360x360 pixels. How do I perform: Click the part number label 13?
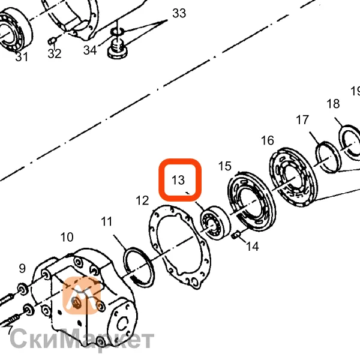(x=178, y=180)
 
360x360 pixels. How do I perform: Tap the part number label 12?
(x=142, y=200)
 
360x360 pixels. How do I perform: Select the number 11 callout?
(x=107, y=221)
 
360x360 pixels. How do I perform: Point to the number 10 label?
(x=67, y=237)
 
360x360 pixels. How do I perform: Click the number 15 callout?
(x=225, y=166)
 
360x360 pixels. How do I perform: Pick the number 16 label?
(x=268, y=140)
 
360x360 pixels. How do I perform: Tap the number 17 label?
(x=302, y=120)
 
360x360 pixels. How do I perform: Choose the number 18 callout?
(x=333, y=104)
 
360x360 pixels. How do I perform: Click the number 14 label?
(x=253, y=247)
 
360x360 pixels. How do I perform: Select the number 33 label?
(x=179, y=13)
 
